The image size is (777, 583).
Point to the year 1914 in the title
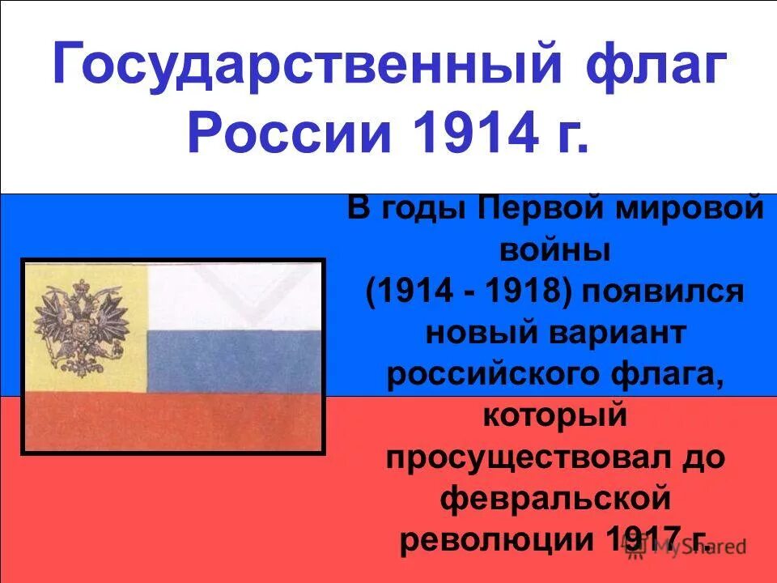(463, 132)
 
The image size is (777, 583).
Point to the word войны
(555, 249)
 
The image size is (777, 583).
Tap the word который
(555, 416)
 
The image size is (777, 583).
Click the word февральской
(555, 499)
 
